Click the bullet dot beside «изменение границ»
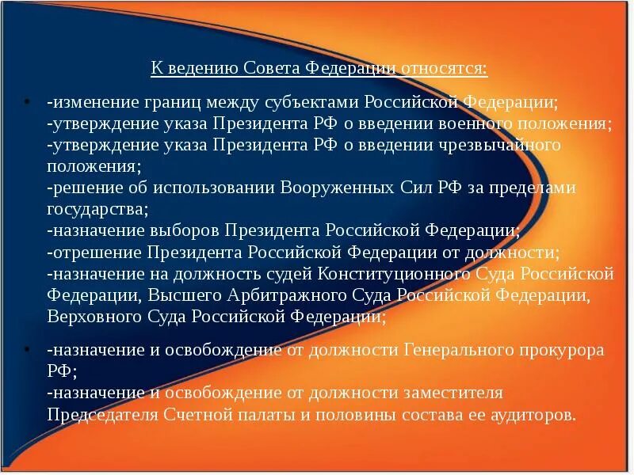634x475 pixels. click(26, 104)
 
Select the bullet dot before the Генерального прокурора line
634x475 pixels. click(26, 350)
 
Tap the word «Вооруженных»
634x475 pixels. click(334, 188)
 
